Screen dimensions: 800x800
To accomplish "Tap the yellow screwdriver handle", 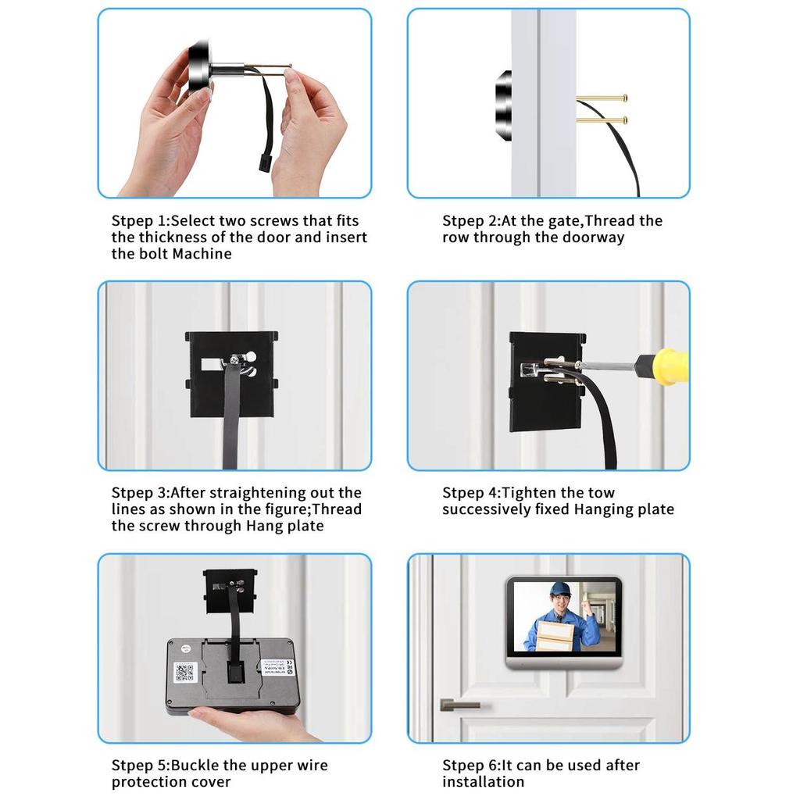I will point(664,366).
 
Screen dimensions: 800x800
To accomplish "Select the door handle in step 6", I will point(459,705).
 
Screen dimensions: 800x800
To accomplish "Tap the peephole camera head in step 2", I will point(503,105).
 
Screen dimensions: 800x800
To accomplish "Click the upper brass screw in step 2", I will point(602,98).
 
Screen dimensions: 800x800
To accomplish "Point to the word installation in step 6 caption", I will point(483,782).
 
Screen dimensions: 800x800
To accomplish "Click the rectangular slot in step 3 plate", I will point(211,364).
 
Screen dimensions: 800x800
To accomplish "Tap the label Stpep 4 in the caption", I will point(470,493).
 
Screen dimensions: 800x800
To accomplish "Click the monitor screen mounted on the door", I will point(564,617).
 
